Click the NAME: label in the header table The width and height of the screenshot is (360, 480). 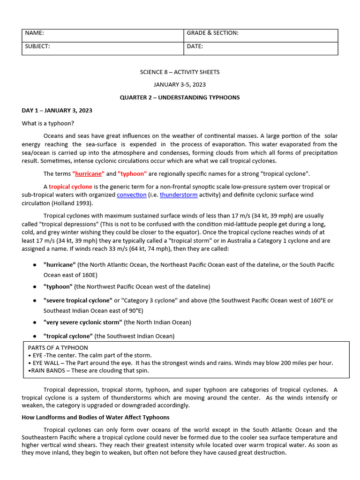tap(34, 33)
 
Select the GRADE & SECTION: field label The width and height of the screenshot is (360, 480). tap(212, 33)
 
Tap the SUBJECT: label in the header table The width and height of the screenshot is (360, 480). tap(37, 46)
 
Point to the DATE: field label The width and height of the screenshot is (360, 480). tap(195, 46)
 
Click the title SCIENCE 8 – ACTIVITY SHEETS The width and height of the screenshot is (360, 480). tap(180, 72)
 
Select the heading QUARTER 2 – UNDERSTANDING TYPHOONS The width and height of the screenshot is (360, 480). tap(180, 97)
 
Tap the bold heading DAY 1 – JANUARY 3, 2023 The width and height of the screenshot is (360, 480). tap(57, 111)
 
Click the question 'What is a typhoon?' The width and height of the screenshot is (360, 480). tap(48, 123)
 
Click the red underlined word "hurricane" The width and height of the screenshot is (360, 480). tap(89, 173)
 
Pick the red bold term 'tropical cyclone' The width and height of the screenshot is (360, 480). tap(70, 187)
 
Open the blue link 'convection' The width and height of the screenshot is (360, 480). tap(131, 195)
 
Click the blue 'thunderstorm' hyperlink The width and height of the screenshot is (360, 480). tap(179, 195)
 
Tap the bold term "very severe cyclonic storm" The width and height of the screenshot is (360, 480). tap(83, 322)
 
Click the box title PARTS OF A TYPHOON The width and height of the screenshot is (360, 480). tap(58, 348)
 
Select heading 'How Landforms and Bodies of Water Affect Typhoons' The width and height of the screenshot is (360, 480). tap(96, 417)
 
